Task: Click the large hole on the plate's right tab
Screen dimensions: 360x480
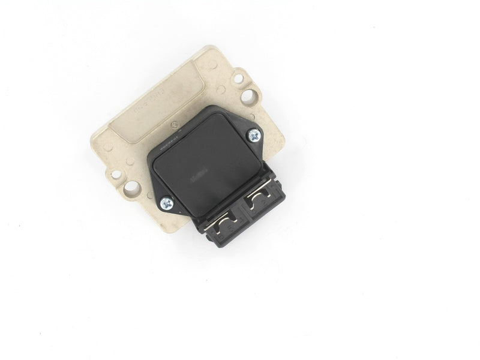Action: pyautogui.click(x=247, y=95)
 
